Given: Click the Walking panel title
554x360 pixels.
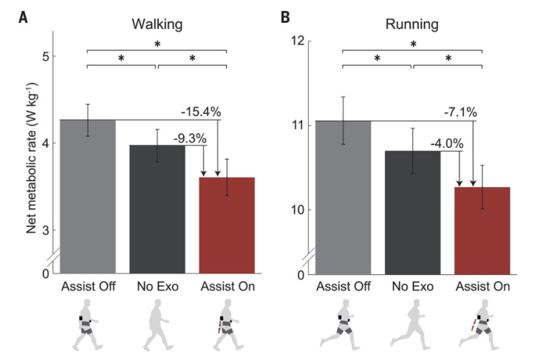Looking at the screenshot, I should (157, 24).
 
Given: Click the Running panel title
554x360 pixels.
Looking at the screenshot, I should (412, 24).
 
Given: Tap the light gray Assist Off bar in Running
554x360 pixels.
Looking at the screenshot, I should (343, 197).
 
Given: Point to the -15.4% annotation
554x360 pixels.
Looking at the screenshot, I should (202, 112).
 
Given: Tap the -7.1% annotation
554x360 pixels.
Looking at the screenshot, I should (460, 112).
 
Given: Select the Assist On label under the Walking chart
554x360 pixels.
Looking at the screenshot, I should (227, 287).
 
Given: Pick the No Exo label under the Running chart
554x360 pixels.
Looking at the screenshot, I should (411, 287).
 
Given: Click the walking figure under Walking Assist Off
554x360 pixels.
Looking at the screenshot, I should (89, 325).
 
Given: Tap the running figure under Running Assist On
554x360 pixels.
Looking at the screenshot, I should (481, 325).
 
